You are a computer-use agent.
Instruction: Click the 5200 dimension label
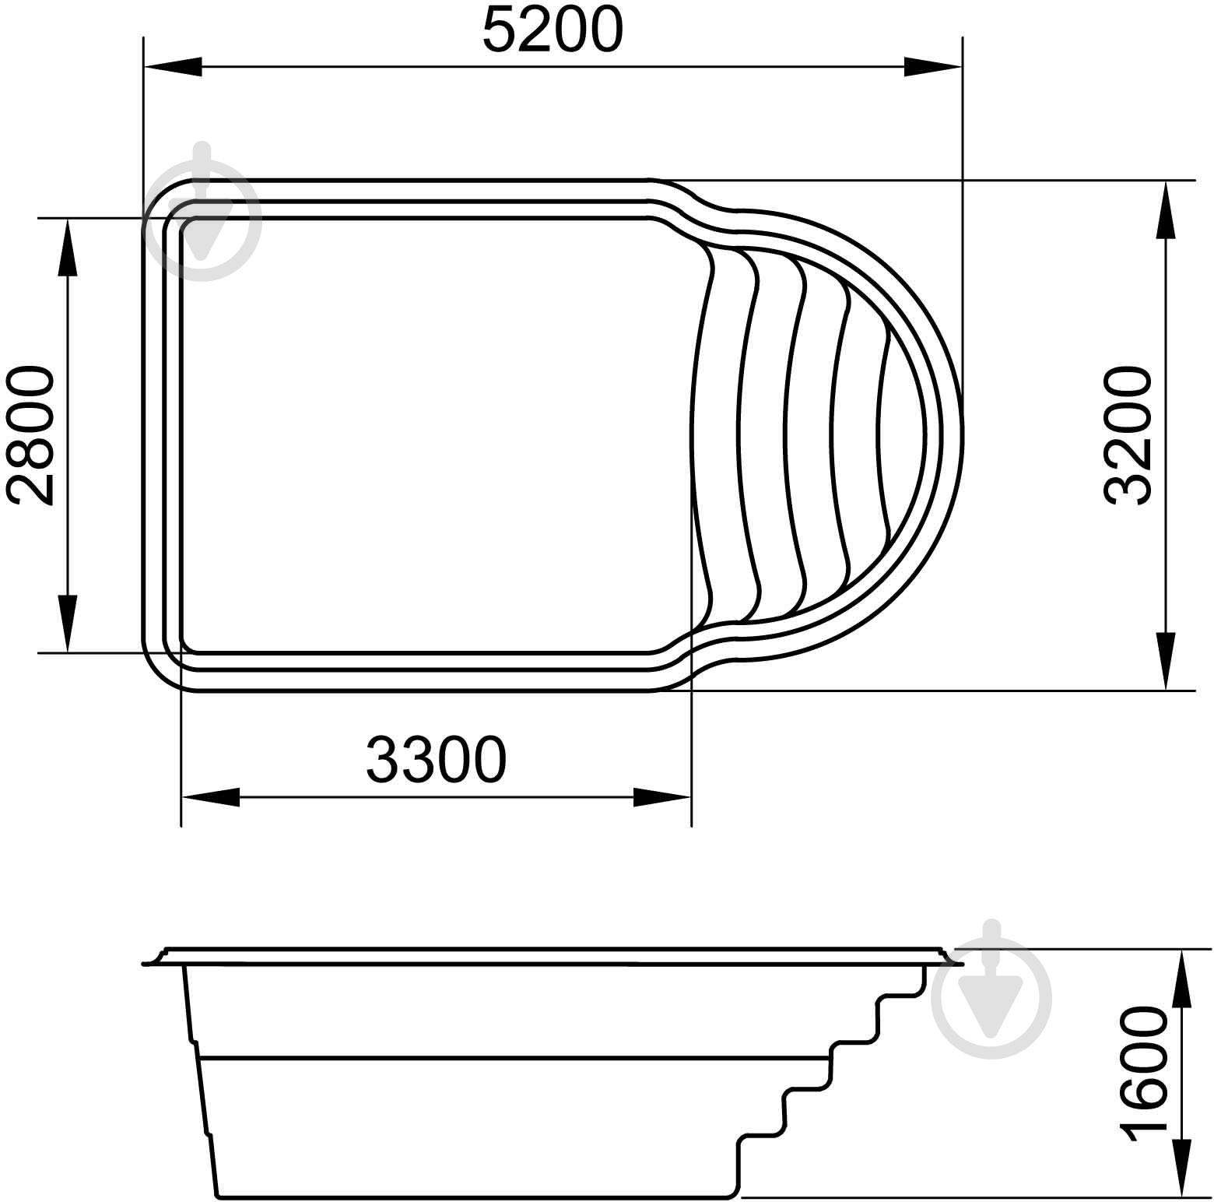pos(553,30)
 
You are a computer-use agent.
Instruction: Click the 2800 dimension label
pos(30,436)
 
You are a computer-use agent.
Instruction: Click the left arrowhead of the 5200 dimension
pos(173,67)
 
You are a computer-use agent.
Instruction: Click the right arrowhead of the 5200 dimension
pos(933,67)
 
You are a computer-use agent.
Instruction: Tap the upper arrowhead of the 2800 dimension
pos(68,248)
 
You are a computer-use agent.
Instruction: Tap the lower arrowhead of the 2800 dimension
pos(68,624)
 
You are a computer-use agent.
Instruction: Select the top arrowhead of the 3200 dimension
pos(1165,210)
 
